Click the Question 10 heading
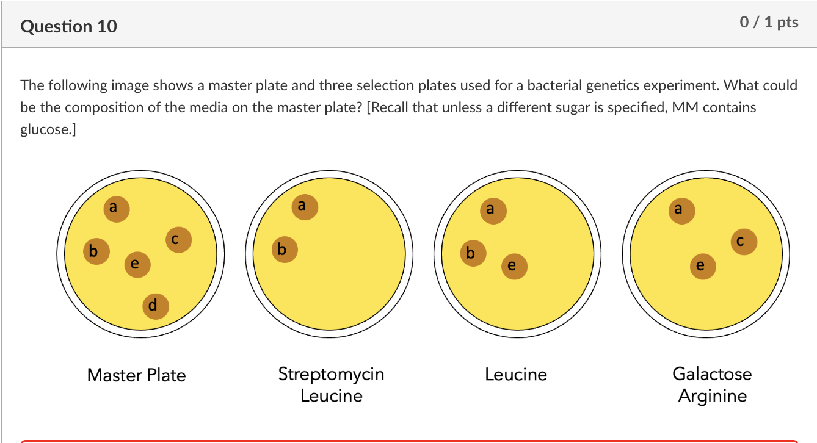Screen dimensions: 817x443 coord(68,26)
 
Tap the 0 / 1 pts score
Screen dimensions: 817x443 coord(769,23)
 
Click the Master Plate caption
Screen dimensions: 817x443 coord(136,375)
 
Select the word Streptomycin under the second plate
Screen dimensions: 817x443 coord(331,373)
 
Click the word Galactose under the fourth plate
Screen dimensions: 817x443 coord(712,373)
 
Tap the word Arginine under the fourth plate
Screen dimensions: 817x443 coord(712,395)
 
